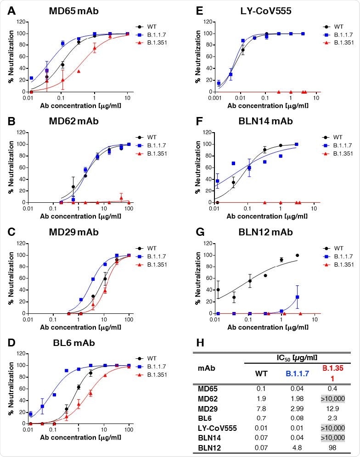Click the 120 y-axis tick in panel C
(x=20, y=243)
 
